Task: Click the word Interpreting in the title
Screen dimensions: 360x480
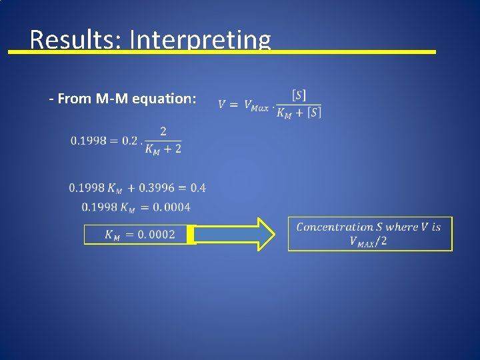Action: (200, 40)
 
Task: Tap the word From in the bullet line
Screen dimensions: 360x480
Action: (73, 99)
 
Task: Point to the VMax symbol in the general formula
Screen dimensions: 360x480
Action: (256, 105)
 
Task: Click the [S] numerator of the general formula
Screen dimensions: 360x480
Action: (299, 95)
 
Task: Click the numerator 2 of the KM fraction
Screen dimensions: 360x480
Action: (163, 131)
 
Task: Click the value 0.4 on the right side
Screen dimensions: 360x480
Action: (198, 188)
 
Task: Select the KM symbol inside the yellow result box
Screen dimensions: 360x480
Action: (112, 235)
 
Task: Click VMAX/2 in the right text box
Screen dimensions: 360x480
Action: (368, 241)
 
